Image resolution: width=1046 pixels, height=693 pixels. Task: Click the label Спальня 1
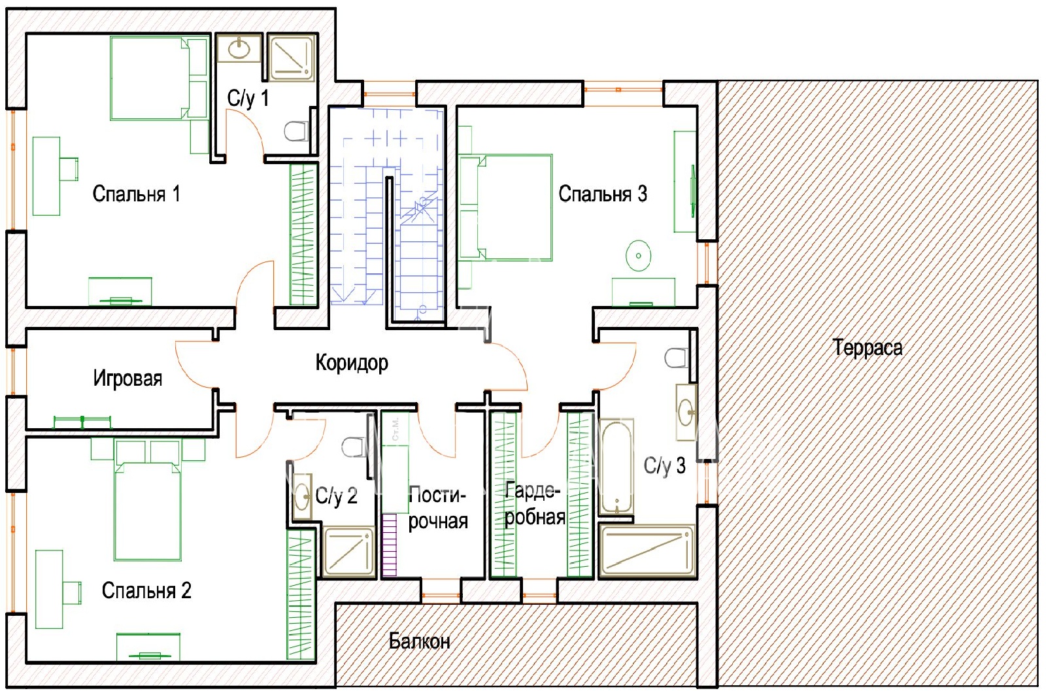coord(136,194)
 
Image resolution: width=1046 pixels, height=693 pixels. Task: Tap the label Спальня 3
coord(602,194)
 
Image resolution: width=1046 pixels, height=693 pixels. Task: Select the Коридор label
coord(352,363)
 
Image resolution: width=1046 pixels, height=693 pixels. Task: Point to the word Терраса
coord(867,348)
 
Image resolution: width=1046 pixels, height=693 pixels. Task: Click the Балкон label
coord(419,641)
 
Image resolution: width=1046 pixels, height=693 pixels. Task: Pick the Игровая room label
coord(127,379)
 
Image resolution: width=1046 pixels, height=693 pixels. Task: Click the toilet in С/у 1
coord(297,131)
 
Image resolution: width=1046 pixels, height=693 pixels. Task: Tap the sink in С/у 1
coord(239,48)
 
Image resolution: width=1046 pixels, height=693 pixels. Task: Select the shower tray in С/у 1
coord(292,58)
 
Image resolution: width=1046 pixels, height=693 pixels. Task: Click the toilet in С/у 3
coord(677,358)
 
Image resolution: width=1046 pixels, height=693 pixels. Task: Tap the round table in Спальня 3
coord(638,256)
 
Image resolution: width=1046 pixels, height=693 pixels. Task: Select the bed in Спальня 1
coord(160,78)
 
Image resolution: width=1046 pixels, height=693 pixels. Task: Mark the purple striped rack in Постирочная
coord(390,545)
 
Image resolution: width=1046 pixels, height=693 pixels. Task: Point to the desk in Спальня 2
coord(58,589)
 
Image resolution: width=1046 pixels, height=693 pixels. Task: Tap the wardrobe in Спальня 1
coord(303,235)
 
